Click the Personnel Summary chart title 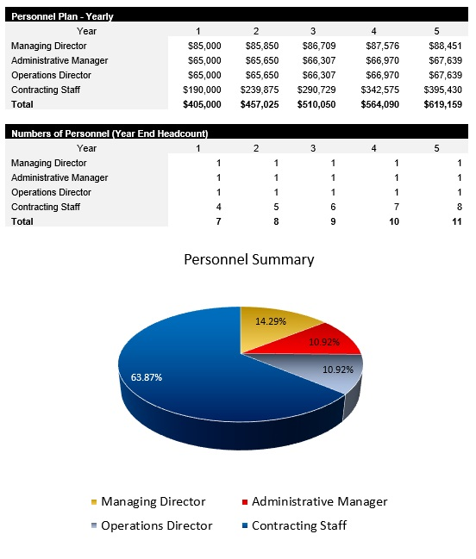tap(249, 259)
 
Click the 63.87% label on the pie tap(146, 376)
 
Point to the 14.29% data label tap(272, 320)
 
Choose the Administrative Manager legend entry tap(319, 501)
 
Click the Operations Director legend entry tap(156, 525)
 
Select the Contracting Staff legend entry tap(298, 525)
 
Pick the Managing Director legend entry tap(153, 501)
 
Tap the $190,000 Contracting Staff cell tap(202, 89)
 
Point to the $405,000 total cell tap(202, 103)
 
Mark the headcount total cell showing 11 tap(457, 221)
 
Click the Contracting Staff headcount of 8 tap(460, 207)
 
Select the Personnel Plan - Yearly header tap(61, 16)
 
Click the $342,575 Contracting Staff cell tap(379, 89)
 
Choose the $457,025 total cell tap(260, 103)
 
